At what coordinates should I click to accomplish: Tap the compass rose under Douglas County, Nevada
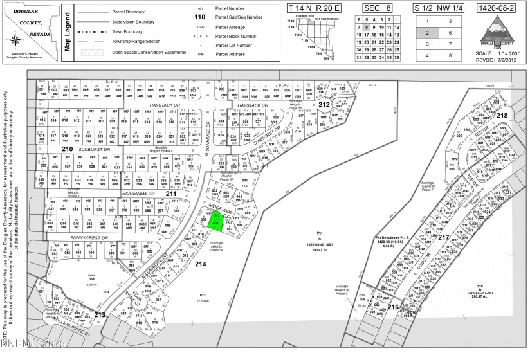pyautogui.click(x=16, y=42)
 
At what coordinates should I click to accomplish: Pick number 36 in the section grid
pyautogui.click(x=398, y=57)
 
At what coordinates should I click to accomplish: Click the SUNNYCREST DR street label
pyautogui.click(x=88, y=237)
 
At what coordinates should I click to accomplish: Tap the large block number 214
pyautogui.click(x=200, y=264)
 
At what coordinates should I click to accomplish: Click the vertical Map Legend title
pyautogui.click(x=67, y=32)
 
